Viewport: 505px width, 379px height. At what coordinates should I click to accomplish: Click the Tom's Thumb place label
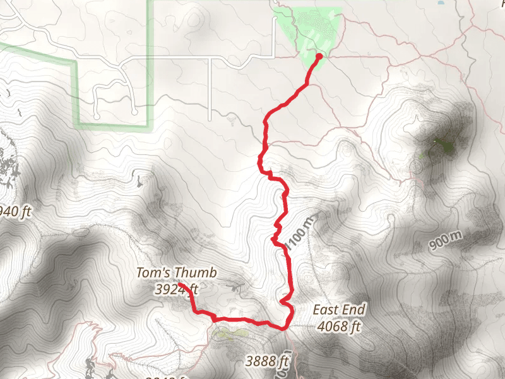point(176,274)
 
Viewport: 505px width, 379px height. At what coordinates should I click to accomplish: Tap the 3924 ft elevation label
point(176,290)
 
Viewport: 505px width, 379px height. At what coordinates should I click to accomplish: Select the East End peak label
point(339,310)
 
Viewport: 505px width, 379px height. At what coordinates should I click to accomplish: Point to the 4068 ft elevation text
point(339,327)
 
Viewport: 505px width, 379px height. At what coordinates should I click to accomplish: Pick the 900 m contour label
point(448,241)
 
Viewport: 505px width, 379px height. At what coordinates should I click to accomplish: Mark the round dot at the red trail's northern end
point(319,56)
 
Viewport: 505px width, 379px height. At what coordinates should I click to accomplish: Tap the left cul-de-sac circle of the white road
point(96,117)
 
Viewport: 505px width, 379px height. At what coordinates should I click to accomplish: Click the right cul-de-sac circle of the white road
point(135,112)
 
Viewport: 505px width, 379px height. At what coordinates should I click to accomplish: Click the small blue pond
point(441,3)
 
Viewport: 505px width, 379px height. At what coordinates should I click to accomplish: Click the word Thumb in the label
point(196,274)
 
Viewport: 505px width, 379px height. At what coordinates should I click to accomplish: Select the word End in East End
point(353,310)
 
